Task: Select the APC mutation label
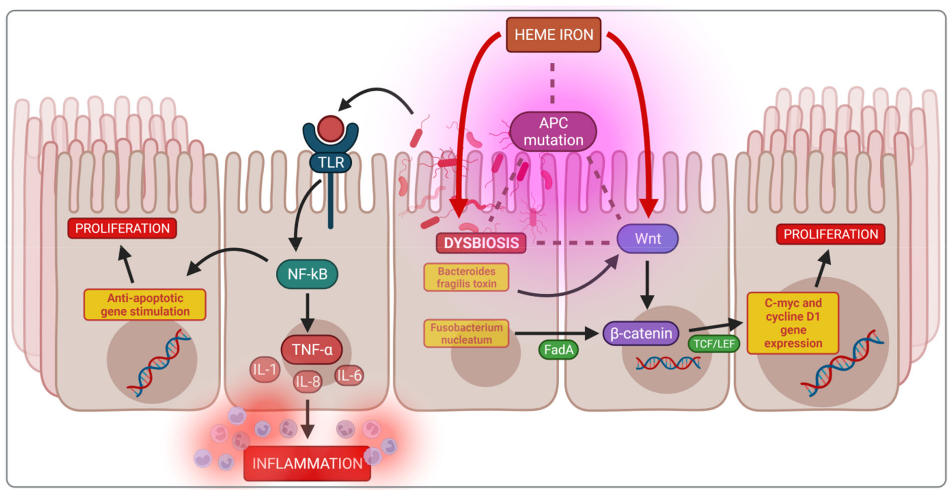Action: (x=553, y=132)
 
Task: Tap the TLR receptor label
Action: (x=331, y=163)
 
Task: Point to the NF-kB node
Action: (x=307, y=274)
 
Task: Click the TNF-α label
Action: (x=312, y=350)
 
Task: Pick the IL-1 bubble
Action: (x=265, y=369)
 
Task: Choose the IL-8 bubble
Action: (x=308, y=382)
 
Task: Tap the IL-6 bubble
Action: (x=349, y=375)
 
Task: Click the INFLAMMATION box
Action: (x=307, y=463)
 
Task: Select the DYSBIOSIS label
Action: (x=481, y=243)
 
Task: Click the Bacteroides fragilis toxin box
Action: (x=466, y=277)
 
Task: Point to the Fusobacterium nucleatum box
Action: (x=466, y=333)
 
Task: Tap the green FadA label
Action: (x=558, y=350)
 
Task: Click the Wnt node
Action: (x=647, y=239)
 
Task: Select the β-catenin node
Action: (x=641, y=333)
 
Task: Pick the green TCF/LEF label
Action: (x=714, y=344)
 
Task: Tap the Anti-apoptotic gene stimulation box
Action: (x=145, y=305)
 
